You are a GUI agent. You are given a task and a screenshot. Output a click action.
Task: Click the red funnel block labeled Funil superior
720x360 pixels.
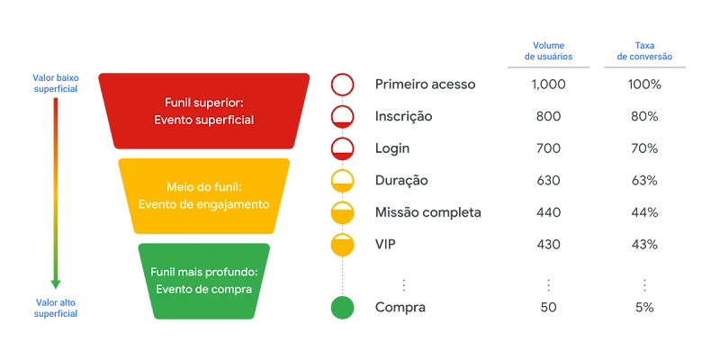(x=209, y=111)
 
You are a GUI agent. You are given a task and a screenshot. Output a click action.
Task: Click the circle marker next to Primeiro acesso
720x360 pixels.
(x=342, y=85)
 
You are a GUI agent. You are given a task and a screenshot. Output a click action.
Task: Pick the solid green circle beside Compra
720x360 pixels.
(x=342, y=308)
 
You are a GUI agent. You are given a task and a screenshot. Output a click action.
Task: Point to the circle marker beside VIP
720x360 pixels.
(x=342, y=244)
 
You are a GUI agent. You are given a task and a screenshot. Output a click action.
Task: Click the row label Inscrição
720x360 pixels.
(x=404, y=116)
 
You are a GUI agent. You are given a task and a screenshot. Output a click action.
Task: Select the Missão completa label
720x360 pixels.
(x=427, y=212)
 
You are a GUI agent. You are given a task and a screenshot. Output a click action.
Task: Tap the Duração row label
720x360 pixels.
(x=401, y=180)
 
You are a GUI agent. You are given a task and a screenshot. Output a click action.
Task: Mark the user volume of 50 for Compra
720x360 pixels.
(x=548, y=308)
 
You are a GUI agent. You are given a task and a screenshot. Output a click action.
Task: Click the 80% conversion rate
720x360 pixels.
(x=644, y=116)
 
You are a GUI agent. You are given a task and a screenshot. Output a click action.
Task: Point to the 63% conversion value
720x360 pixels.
(x=644, y=180)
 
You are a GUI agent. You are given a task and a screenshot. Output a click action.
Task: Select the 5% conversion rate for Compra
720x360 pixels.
(x=644, y=308)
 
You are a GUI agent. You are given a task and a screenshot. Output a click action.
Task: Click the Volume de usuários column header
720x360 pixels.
(x=548, y=51)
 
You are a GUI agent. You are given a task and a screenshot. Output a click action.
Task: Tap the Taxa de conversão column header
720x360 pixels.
(x=644, y=51)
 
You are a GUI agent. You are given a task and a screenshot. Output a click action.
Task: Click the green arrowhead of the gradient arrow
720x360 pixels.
(x=56, y=283)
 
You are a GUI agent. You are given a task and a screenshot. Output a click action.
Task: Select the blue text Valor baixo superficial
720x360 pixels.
(x=56, y=84)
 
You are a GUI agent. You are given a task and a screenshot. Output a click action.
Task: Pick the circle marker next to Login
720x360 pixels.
(x=342, y=148)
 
